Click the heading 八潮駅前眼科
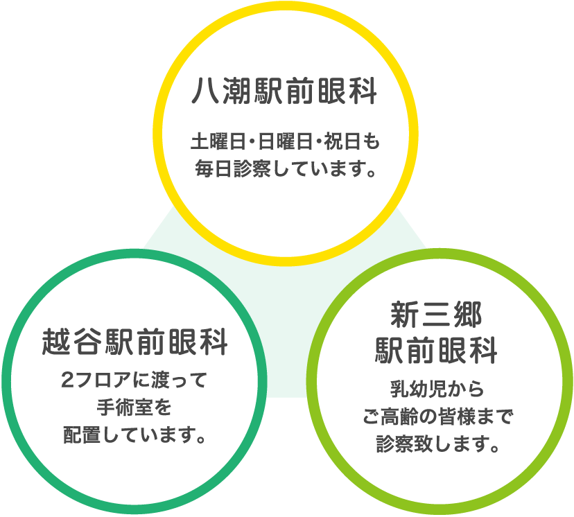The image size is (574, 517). pyautogui.click(x=284, y=91)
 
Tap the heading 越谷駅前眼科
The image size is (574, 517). pyautogui.click(x=134, y=342)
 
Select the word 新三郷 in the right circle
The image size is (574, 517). pyautogui.click(x=435, y=315)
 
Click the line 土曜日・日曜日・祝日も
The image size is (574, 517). pyautogui.click(x=285, y=141)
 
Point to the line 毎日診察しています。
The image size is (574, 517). pyautogui.click(x=286, y=168)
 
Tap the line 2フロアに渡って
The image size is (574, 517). pyautogui.click(x=134, y=380)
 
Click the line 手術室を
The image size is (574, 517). pyautogui.click(x=134, y=408)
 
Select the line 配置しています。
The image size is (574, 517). pyautogui.click(x=134, y=435)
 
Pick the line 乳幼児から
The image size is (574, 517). pyautogui.click(x=437, y=389)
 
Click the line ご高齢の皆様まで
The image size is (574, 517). pyautogui.click(x=438, y=417)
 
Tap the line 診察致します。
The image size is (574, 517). pyautogui.click(x=438, y=444)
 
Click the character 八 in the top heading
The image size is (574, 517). pyautogui.click(x=205, y=91)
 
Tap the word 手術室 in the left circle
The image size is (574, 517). pyautogui.click(x=125, y=408)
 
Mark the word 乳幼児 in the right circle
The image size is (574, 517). pyautogui.click(x=417, y=389)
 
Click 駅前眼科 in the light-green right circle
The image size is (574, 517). pyautogui.click(x=436, y=350)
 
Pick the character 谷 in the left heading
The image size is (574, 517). pyautogui.click(x=87, y=342)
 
